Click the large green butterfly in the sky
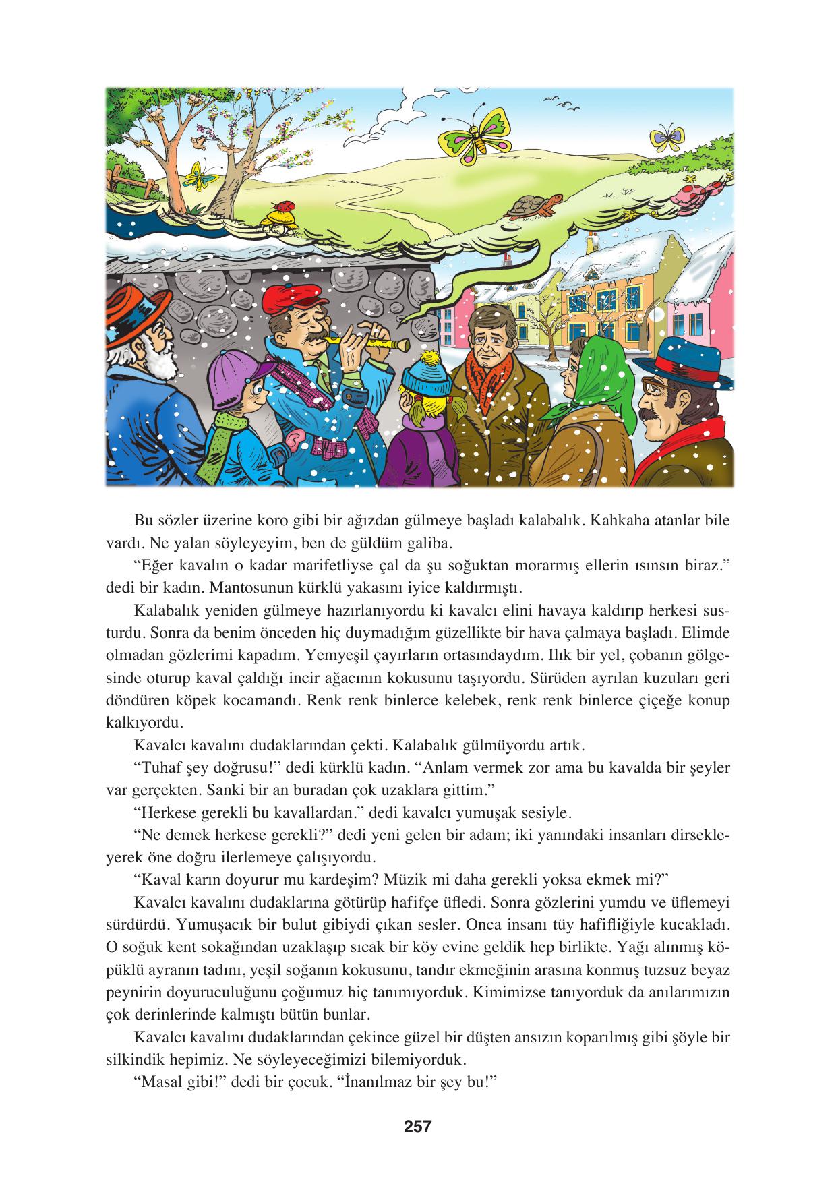click(x=473, y=138)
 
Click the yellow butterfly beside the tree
click(x=199, y=176)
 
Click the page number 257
click(x=417, y=1125)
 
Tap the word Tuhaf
click(x=156, y=768)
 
